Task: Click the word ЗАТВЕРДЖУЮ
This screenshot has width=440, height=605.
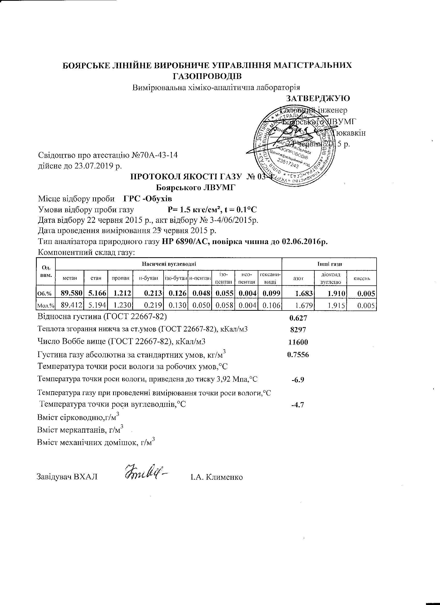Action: (x=318, y=98)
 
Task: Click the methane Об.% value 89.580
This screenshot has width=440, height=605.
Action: (x=72, y=293)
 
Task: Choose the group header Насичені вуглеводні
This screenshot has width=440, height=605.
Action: (x=169, y=264)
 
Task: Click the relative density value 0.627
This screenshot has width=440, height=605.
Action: (x=298, y=318)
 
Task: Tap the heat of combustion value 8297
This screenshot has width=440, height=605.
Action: (x=298, y=330)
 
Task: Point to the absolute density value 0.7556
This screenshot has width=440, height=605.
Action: (x=298, y=355)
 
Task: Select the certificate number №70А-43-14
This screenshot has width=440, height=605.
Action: (x=155, y=155)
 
